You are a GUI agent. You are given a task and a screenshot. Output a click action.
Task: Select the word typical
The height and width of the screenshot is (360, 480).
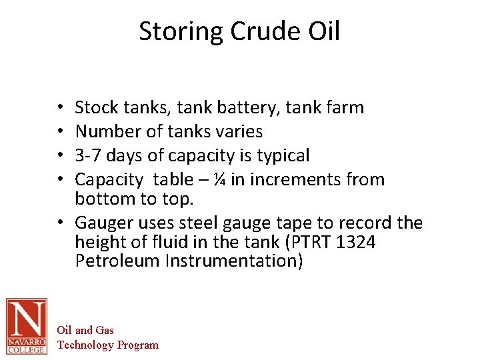[x=283, y=156]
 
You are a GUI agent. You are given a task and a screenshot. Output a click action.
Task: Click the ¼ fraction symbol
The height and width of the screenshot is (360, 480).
[x=219, y=179]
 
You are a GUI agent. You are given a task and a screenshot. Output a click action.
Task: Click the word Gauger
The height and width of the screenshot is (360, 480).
[x=101, y=223]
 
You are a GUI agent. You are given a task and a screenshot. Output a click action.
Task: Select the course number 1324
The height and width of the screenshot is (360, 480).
[x=357, y=241]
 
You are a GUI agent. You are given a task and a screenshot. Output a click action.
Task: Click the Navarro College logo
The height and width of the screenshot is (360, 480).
[x=27, y=326]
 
